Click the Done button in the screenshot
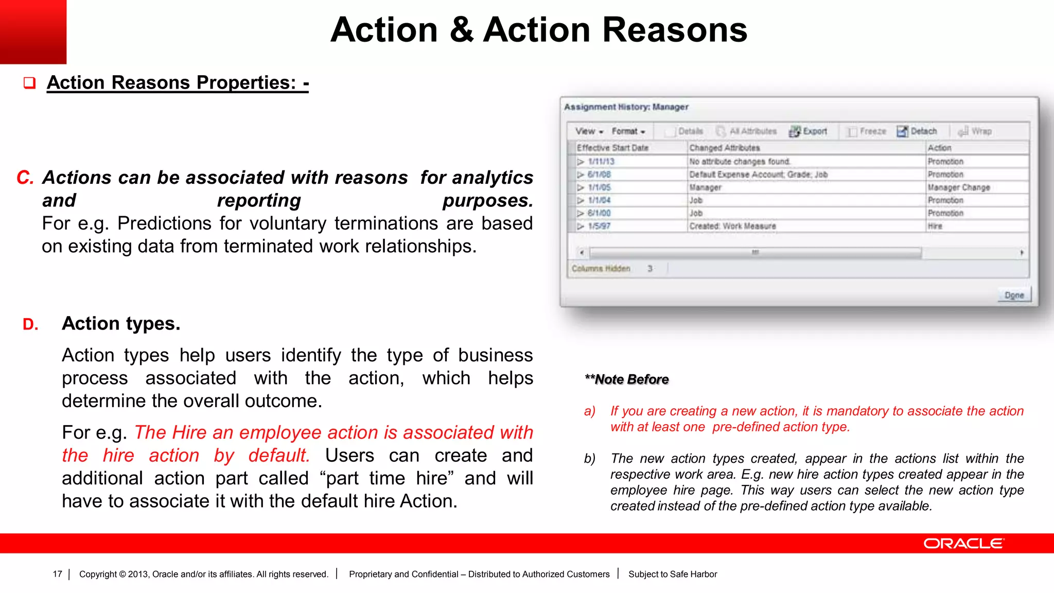1014,295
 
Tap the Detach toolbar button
917,131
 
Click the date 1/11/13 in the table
601,162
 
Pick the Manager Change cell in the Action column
958,187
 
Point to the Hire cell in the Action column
935,226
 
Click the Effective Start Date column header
612,148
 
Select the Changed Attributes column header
724,148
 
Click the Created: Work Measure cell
732,226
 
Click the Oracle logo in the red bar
963,544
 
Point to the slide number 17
57,574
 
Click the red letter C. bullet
25,178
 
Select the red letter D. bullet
30,324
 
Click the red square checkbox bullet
29,83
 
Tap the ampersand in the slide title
461,30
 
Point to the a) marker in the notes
590,411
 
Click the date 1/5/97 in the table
599,226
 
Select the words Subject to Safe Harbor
672,574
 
